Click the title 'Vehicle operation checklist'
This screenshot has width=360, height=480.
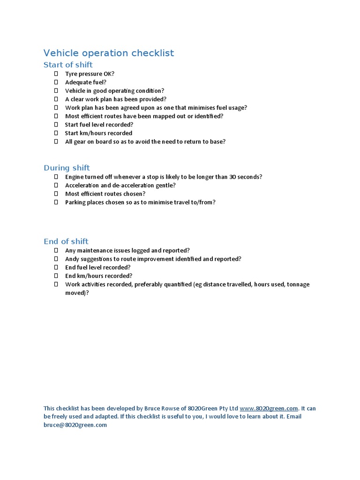tap(108, 53)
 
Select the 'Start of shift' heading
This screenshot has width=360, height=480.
tap(68, 65)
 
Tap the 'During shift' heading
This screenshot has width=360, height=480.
tap(67, 168)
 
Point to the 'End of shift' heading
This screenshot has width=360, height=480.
tap(66, 241)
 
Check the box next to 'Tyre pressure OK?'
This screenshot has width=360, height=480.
tap(56, 74)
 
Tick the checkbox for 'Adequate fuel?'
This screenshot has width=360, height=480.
tap(56, 82)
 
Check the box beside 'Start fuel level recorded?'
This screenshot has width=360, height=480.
tap(56, 125)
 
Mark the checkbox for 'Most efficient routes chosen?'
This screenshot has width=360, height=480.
tap(56, 194)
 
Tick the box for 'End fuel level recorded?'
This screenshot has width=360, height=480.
tap(56, 268)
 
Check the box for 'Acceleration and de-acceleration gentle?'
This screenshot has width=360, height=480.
tap(56, 186)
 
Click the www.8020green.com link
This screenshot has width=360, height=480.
tap(269, 408)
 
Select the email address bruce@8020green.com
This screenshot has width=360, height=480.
tap(75, 425)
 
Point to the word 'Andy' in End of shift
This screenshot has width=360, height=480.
tap(73, 259)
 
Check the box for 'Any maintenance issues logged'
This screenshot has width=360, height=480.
tap(56, 251)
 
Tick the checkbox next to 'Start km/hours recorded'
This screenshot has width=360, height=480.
tap(56, 133)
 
